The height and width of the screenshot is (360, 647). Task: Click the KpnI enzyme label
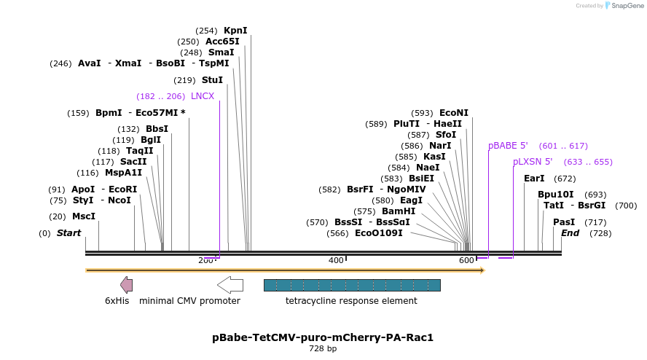tap(235, 31)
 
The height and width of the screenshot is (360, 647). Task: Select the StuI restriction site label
tap(212, 80)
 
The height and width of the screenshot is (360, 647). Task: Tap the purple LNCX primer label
tap(203, 96)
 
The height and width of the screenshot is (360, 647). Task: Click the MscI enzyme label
tap(84, 216)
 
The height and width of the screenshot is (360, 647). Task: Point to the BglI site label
tap(151, 140)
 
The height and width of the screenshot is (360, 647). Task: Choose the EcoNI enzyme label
tap(454, 113)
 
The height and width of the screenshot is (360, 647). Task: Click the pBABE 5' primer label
tap(508, 146)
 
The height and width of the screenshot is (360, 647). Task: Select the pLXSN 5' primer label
tap(533, 162)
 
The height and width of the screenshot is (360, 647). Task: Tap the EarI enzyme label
tap(534, 179)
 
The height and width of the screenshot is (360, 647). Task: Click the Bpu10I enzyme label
tap(556, 195)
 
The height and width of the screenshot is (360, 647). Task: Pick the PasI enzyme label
tap(564, 222)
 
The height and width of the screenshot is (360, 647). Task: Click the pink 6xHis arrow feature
tap(126, 285)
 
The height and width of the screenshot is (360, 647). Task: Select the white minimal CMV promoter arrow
tap(230, 285)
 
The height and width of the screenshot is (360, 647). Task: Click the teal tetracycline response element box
tap(351, 285)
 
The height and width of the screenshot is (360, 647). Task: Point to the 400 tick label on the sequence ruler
tap(336, 260)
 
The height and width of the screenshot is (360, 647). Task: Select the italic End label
tap(570, 233)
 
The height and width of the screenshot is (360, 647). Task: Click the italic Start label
tap(68, 233)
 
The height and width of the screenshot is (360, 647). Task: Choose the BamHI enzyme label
tap(399, 211)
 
